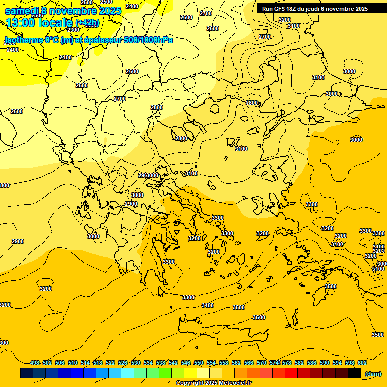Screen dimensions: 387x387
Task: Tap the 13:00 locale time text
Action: coord(38,23)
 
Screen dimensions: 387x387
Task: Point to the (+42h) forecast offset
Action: coord(87,23)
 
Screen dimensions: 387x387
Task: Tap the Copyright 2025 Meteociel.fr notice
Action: coord(214,383)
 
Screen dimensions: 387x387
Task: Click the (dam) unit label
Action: coord(373,374)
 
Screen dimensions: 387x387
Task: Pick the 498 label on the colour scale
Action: coord(35,363)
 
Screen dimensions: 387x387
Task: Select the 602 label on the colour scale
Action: coord(362,363)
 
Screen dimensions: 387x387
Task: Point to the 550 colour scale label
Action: coord(199,363)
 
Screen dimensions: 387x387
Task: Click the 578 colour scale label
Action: coord(287,363)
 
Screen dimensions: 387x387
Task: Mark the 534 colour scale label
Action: coord(148,363)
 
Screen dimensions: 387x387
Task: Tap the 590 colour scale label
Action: coord(325,363)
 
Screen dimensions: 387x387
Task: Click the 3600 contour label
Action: coord(259,317)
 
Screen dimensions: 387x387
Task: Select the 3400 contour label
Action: coord(207,305)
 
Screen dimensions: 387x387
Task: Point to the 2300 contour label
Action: coord(73,44)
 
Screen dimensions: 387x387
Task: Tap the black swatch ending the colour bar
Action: coord(354,373)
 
